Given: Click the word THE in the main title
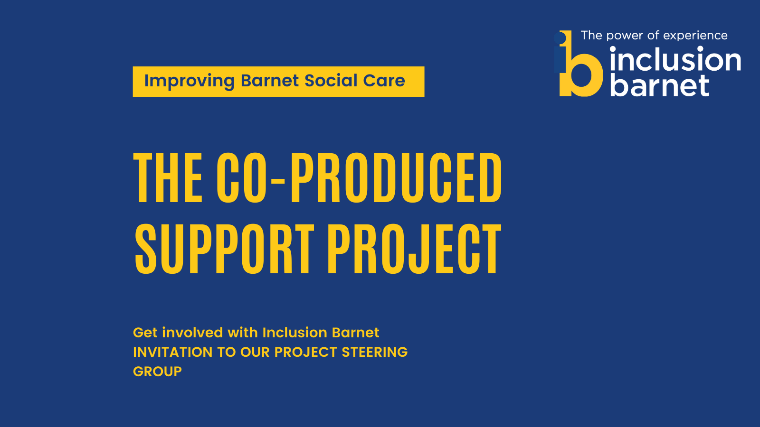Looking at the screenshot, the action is (x=168, y=177).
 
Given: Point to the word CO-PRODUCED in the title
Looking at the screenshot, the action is (x=359, y=177).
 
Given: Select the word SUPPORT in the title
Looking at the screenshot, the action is (x=224, y=249).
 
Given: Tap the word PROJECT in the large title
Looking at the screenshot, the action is (x=414, y=249).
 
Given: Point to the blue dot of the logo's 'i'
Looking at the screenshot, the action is (x=560, y=37).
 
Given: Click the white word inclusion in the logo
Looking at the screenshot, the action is (x=675, y=59).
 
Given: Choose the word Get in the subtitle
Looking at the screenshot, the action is (x=145, y=333).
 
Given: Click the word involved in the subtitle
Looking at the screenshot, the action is (x=192, y=333).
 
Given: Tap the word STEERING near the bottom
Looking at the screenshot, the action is (x=375, y=352).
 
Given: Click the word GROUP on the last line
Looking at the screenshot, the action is (x=157, y=372).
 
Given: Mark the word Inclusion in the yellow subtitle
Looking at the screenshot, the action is (x=295, y=333).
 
